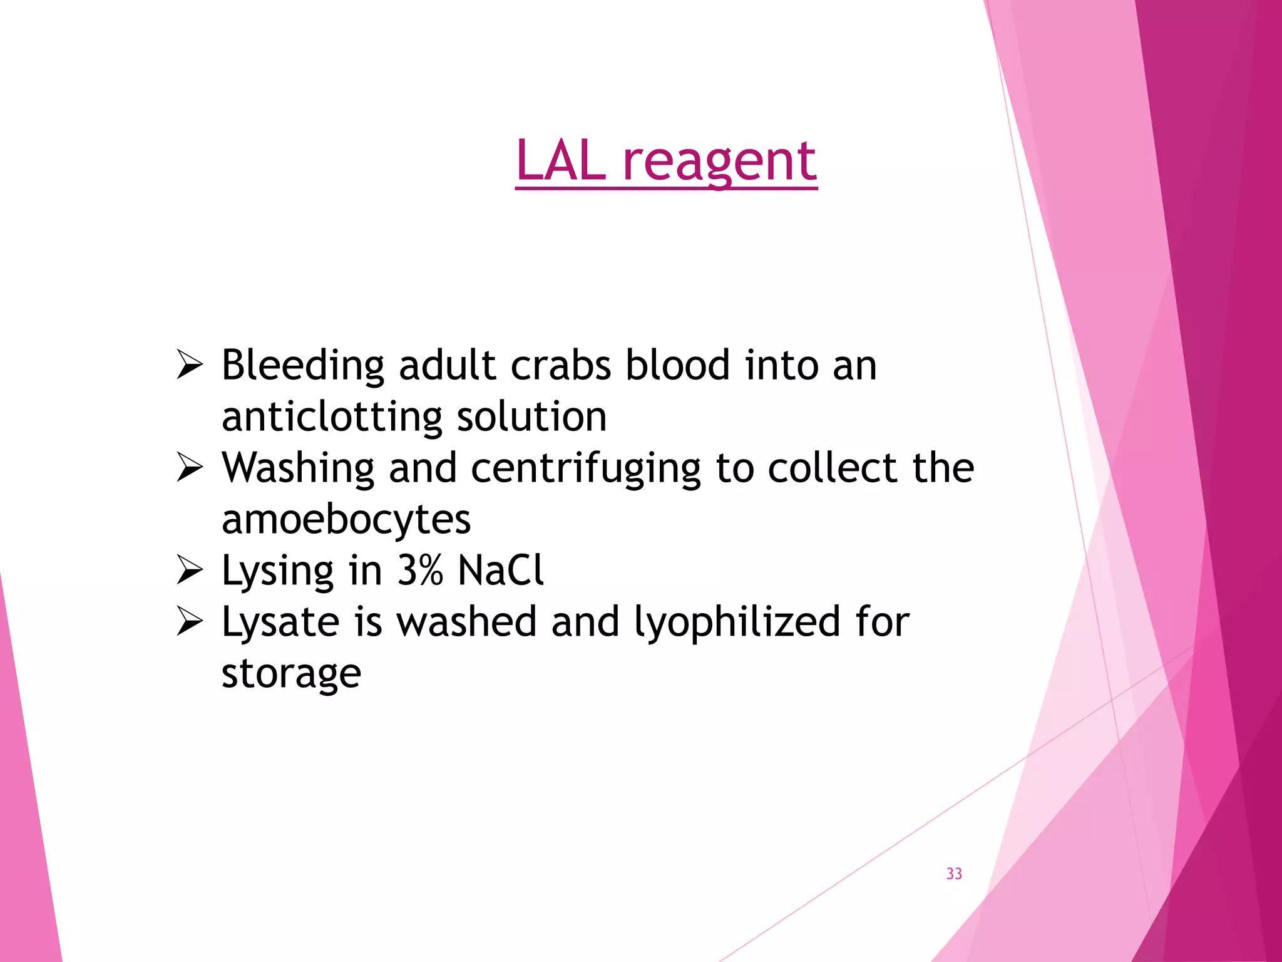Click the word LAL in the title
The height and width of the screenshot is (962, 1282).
pos(560,161)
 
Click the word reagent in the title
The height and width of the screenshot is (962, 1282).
pos(719,162)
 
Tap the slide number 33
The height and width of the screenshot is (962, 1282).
pos(954,874)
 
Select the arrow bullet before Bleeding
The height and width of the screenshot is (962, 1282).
pos(189,365)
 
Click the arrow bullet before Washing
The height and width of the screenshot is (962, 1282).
pos(189,467)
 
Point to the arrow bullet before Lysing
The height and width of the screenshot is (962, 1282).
pos(189,570)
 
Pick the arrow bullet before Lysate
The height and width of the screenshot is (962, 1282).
pos(189,621)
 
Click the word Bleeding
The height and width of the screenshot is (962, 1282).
pos(303,366)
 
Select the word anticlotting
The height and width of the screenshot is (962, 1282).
pos(332,416)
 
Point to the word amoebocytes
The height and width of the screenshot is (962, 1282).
pos(346,520)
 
